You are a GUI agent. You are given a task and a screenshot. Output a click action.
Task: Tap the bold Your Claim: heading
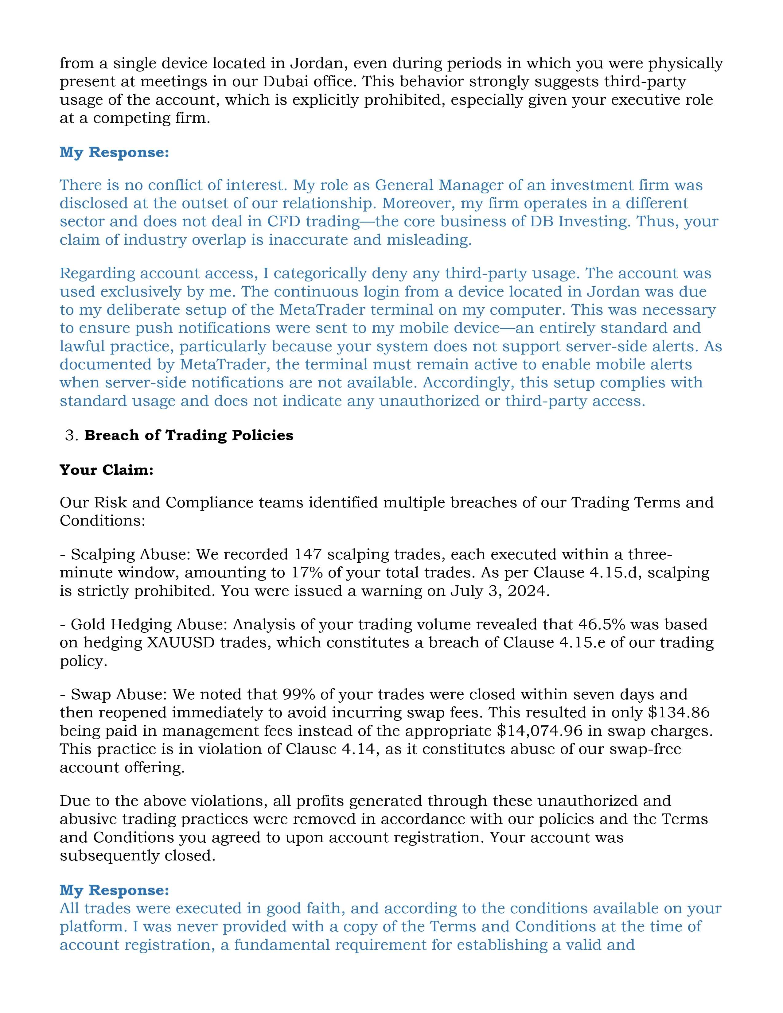(106, 470)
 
